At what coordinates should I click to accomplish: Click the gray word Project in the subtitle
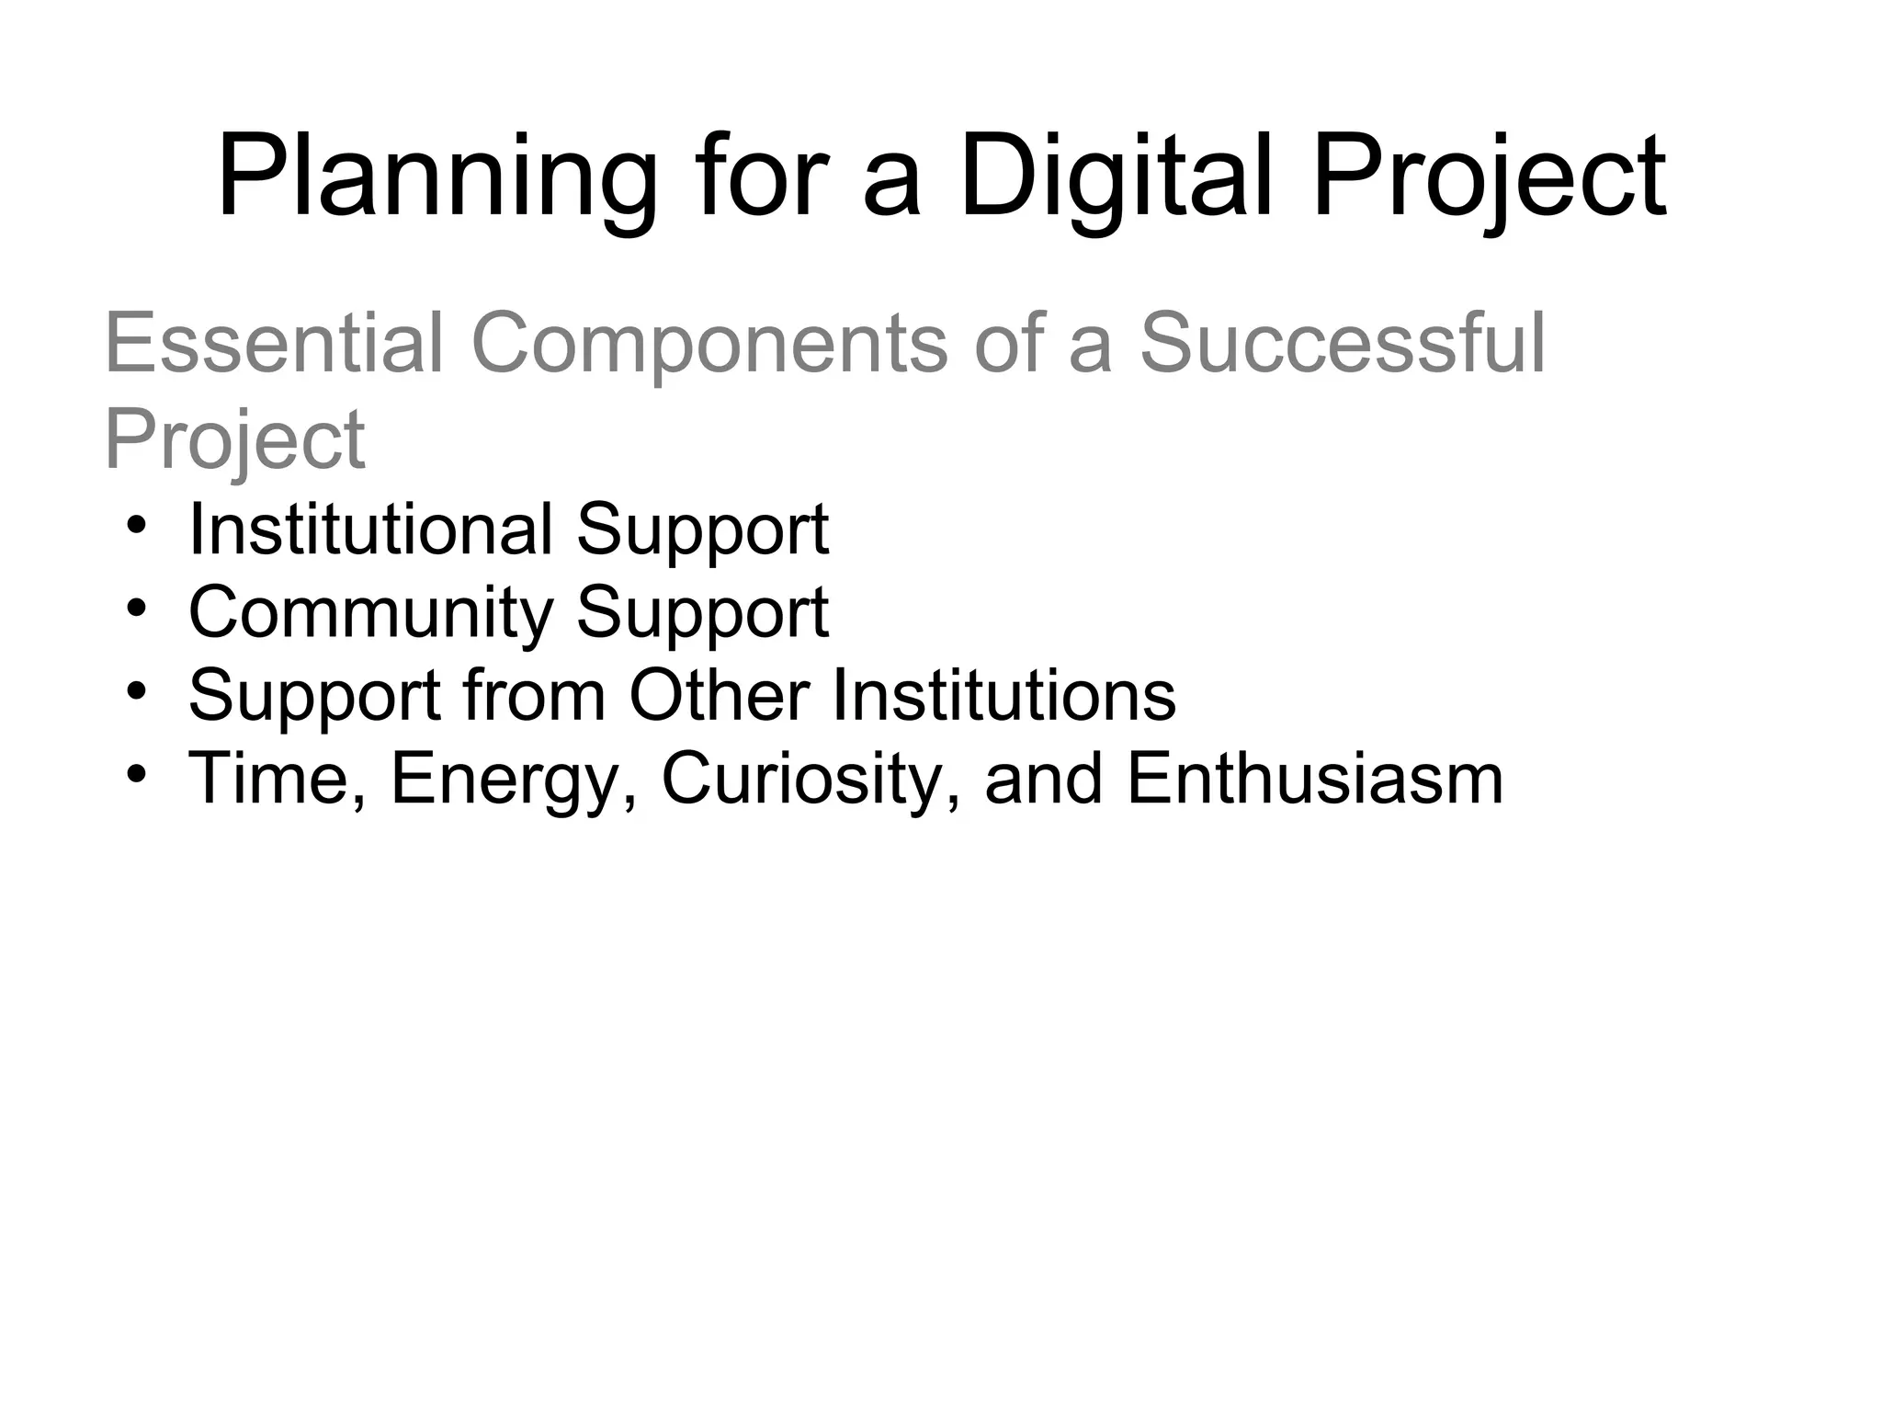(x=235, y=439)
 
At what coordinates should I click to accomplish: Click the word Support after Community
(x=702, y=614)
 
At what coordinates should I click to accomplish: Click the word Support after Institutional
(x=702, y=531)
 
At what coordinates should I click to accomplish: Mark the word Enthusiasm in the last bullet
(x=1314, y=779)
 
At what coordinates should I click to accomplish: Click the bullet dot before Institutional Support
(x=137, y=527)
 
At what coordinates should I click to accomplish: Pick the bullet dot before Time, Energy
(x=137, y=775)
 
